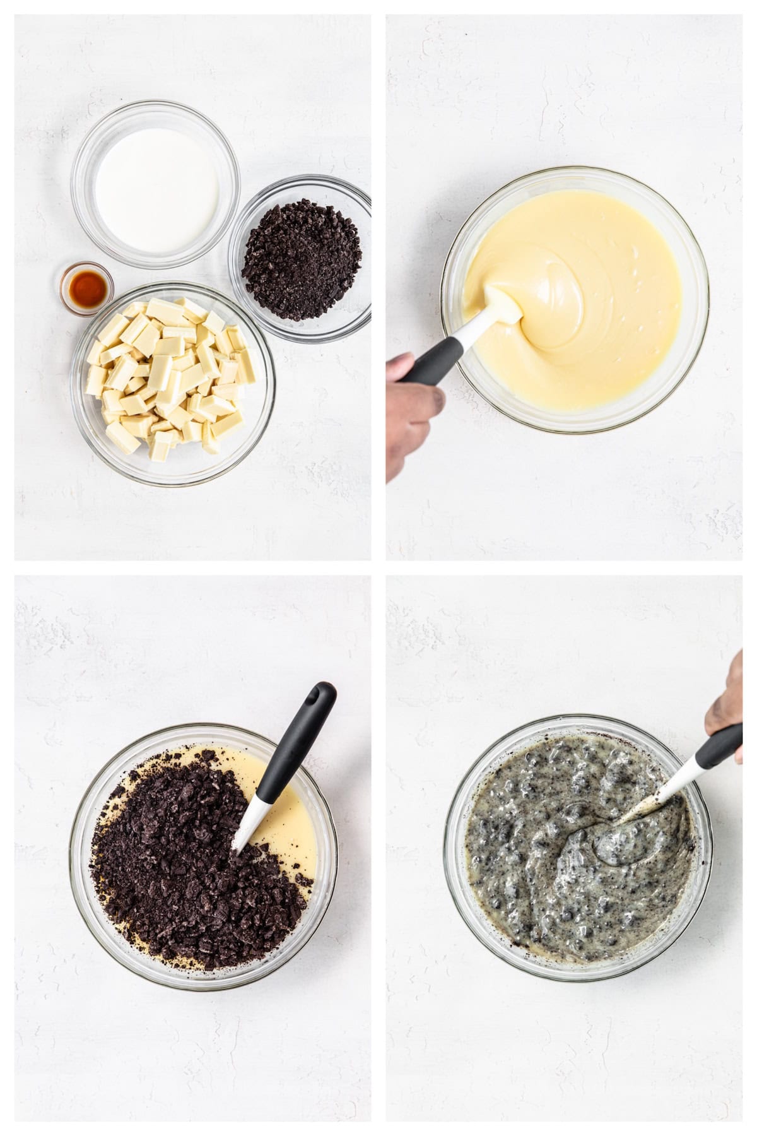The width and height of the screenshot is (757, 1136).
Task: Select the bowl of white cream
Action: pos(156,184)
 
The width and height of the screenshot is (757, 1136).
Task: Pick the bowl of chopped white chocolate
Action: pos(173,384)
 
